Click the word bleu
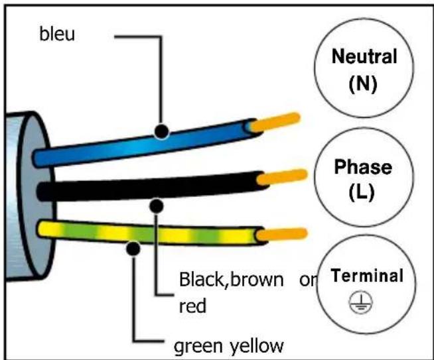[57, 34]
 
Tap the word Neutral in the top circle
[364, 56]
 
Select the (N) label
[363, 84]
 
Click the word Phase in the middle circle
[363, 166]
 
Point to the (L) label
[362, 192]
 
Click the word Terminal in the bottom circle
[367, 275]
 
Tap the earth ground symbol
[360, 303]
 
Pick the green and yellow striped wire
[149, 232]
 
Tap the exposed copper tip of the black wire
[282, 177]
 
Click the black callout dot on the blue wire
[161, 131]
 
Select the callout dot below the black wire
[157, 206]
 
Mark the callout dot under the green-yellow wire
[133, 249]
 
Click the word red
[192, 306]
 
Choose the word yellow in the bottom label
[257, 346]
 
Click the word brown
[257, 280]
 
